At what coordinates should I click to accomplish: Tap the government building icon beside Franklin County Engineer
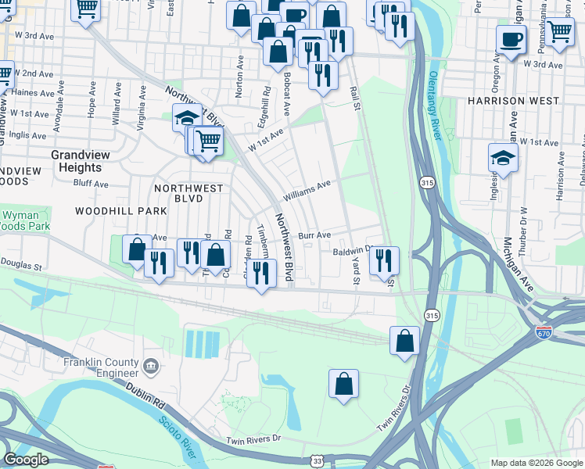point(151,364)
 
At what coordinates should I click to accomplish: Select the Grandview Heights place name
point(76,161)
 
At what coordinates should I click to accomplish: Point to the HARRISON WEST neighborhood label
point(513,101)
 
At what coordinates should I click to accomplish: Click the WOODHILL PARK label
point(121,211)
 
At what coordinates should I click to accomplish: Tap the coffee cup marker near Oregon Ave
point(511,38)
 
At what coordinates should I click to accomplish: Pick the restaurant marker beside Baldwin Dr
point(384,260)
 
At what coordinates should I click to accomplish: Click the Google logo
point(26,460)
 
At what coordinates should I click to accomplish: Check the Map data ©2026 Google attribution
point(537,463)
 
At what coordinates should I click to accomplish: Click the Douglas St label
point(21,267)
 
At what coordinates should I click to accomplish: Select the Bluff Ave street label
point(90,184)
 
